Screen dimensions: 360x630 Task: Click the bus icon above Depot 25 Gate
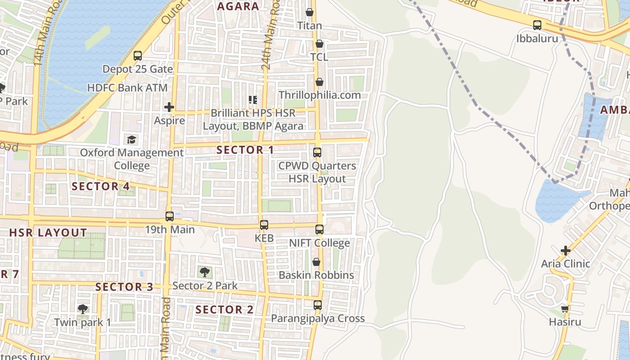[x=138, y=56]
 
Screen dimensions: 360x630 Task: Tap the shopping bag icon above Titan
[x=310, y=12]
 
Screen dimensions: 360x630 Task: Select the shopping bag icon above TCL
[x=319, y=44]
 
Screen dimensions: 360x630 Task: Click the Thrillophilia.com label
[x=319, y=95]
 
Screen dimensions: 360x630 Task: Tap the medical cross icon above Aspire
[x=169, y=107]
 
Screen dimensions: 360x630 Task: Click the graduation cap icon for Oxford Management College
[x=131, y=139]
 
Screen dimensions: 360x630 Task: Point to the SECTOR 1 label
[x=245, y=150]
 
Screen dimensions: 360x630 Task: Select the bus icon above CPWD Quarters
[x=317, y=152]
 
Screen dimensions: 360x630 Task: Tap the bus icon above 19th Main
[x=169, y=216]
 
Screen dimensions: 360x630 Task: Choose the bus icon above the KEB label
[x=264, y=225]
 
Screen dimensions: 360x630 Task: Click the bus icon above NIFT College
[x=319, y=229]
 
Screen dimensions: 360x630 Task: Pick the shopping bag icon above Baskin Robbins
[x=316, y=262]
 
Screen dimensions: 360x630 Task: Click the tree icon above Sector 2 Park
[x=205, y=272]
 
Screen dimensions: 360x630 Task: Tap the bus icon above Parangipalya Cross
[x=318, y=305]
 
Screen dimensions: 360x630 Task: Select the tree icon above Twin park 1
[x=82, y=309]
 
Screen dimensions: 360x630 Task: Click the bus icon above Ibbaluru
[x=537, y=25]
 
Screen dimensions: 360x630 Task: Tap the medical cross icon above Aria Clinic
[x=566, y=250]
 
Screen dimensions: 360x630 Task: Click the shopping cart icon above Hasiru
[x=565, y=309]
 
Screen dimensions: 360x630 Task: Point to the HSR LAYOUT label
[x=48, y=233]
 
